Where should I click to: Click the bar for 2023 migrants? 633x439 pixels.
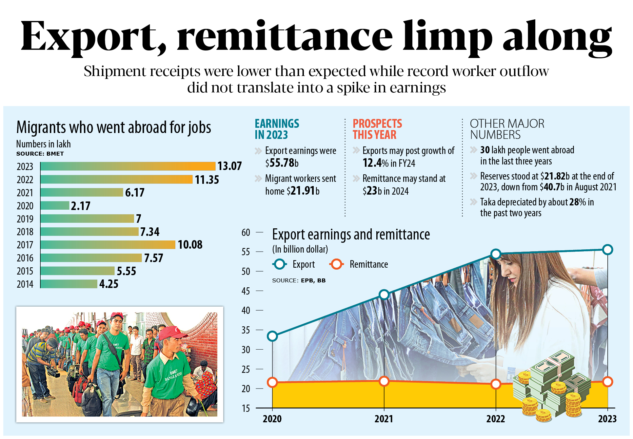[x=128, y=166]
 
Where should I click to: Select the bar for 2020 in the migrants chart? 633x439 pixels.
[x=55, y=205]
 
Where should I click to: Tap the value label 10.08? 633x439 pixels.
[x=190, y=245]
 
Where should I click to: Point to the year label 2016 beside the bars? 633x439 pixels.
[x=25, y=258]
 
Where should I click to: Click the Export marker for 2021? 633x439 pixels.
[x=384, y=295]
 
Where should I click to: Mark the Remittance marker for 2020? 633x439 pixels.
[x=272, y=382]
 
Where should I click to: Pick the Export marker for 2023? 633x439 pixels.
[x=607, y=250]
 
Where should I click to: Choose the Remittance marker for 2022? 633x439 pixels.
[x=496, y=384]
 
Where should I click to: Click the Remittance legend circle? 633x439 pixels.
[x=336, y=264]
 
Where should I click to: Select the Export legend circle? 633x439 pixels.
[x=280, y=264]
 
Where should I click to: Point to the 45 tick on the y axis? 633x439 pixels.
[x=246, y=291]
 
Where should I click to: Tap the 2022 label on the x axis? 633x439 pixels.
[x=496, y=419]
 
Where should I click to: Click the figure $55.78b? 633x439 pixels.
[x=282, y=163]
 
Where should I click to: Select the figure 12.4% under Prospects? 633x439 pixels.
[x=375, y=163]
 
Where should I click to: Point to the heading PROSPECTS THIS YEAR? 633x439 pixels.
[x=377, y=129]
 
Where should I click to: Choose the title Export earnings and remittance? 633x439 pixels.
[x=351, y=235]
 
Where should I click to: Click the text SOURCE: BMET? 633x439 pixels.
[x=40, y=154]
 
